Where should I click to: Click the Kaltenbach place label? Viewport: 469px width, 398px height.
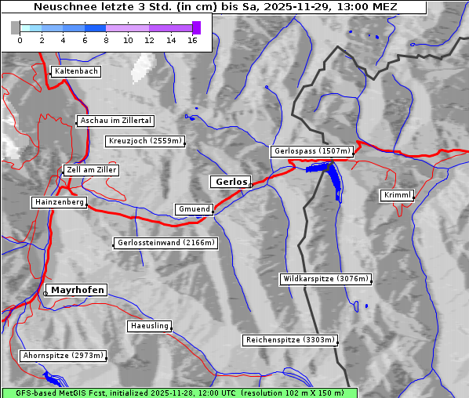tap(76, 71)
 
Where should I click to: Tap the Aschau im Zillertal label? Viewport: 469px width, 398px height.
tap(116, 121)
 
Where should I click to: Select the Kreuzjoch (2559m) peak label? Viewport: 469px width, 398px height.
tap(146, 142)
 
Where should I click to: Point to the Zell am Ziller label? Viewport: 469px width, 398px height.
tap(92, 170)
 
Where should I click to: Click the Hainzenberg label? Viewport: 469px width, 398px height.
tap(59, 202)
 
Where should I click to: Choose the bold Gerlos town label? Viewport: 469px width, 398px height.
tap(231, 182)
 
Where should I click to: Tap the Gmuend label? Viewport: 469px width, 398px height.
tap(194, 209)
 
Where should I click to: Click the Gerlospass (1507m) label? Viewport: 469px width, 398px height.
tap(312, 151)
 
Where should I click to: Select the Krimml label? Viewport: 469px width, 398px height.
tap(398, 195)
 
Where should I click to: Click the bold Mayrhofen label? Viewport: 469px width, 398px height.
tap(77, 290)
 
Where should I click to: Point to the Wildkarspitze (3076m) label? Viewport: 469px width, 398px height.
tap(325, 279)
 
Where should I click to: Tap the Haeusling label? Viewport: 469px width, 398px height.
tap(149, 326)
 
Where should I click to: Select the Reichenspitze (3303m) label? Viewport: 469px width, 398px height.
tap(291, 340)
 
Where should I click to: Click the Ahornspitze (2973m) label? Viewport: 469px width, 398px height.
tap(63, 356)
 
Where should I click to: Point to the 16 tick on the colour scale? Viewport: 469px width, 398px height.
tap(192, 40)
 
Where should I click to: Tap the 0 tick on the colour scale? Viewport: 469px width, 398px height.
tap(20, 40)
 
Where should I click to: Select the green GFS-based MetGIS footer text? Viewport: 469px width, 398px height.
tap(179, 393)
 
